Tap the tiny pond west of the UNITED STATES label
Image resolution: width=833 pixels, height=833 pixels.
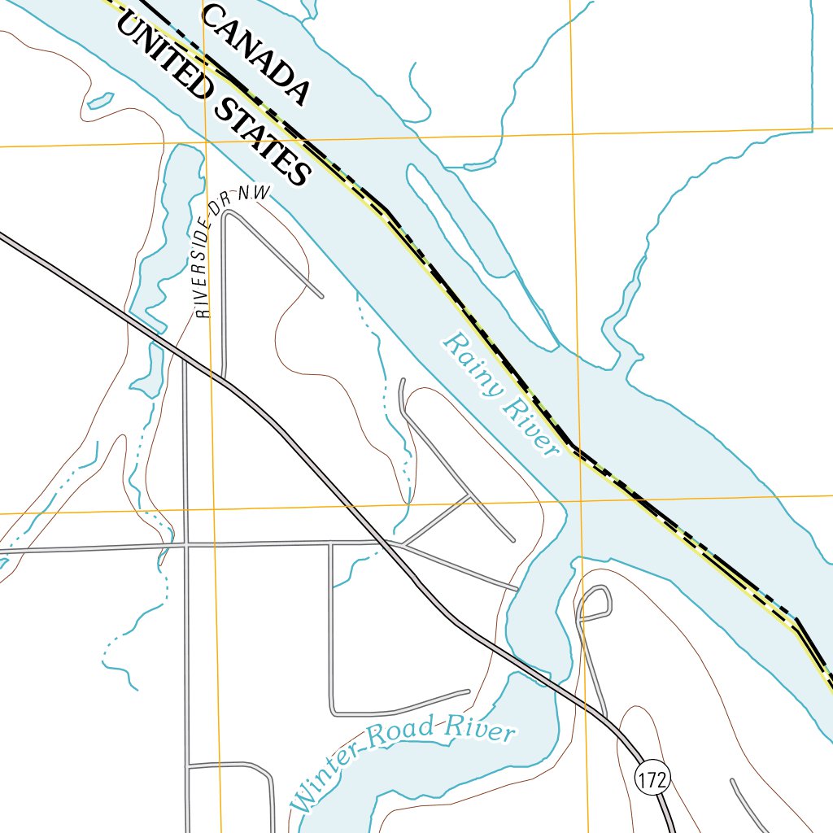click(x=99, y=101)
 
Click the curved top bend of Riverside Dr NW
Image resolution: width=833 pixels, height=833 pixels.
click(x=229, y=213)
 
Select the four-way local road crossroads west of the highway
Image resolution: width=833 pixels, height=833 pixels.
click(x=186, y=544)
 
